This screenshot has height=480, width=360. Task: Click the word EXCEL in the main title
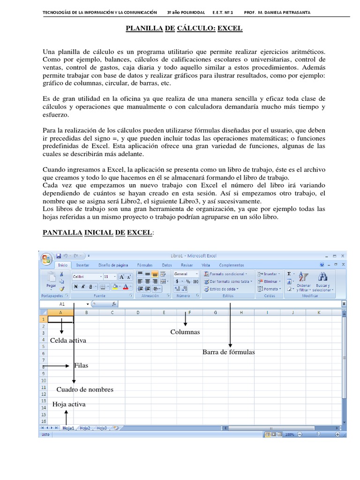(230, 29)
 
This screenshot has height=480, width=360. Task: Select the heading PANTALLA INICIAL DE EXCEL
(97, 232)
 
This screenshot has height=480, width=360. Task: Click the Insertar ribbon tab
(83, 265)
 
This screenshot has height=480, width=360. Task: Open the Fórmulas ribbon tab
(144, 265)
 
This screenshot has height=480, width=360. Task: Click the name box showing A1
(63, 304)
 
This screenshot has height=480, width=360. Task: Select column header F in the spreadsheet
(189, 313)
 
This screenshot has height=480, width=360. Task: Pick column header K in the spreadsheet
(319, 313)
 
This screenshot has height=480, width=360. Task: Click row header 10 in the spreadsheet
(44, 381)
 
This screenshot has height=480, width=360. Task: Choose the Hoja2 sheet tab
(85, 428)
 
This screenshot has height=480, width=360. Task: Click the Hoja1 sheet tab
(68, 428)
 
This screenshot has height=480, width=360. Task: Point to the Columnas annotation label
(185, 332)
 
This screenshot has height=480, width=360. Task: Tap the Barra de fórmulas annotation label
(228, 352)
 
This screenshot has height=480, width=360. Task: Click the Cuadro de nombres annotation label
(85, 390)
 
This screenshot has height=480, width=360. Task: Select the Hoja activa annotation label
(69, 404)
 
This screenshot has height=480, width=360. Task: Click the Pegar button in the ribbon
(51, 282)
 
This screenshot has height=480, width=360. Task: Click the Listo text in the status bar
(45, 435)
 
